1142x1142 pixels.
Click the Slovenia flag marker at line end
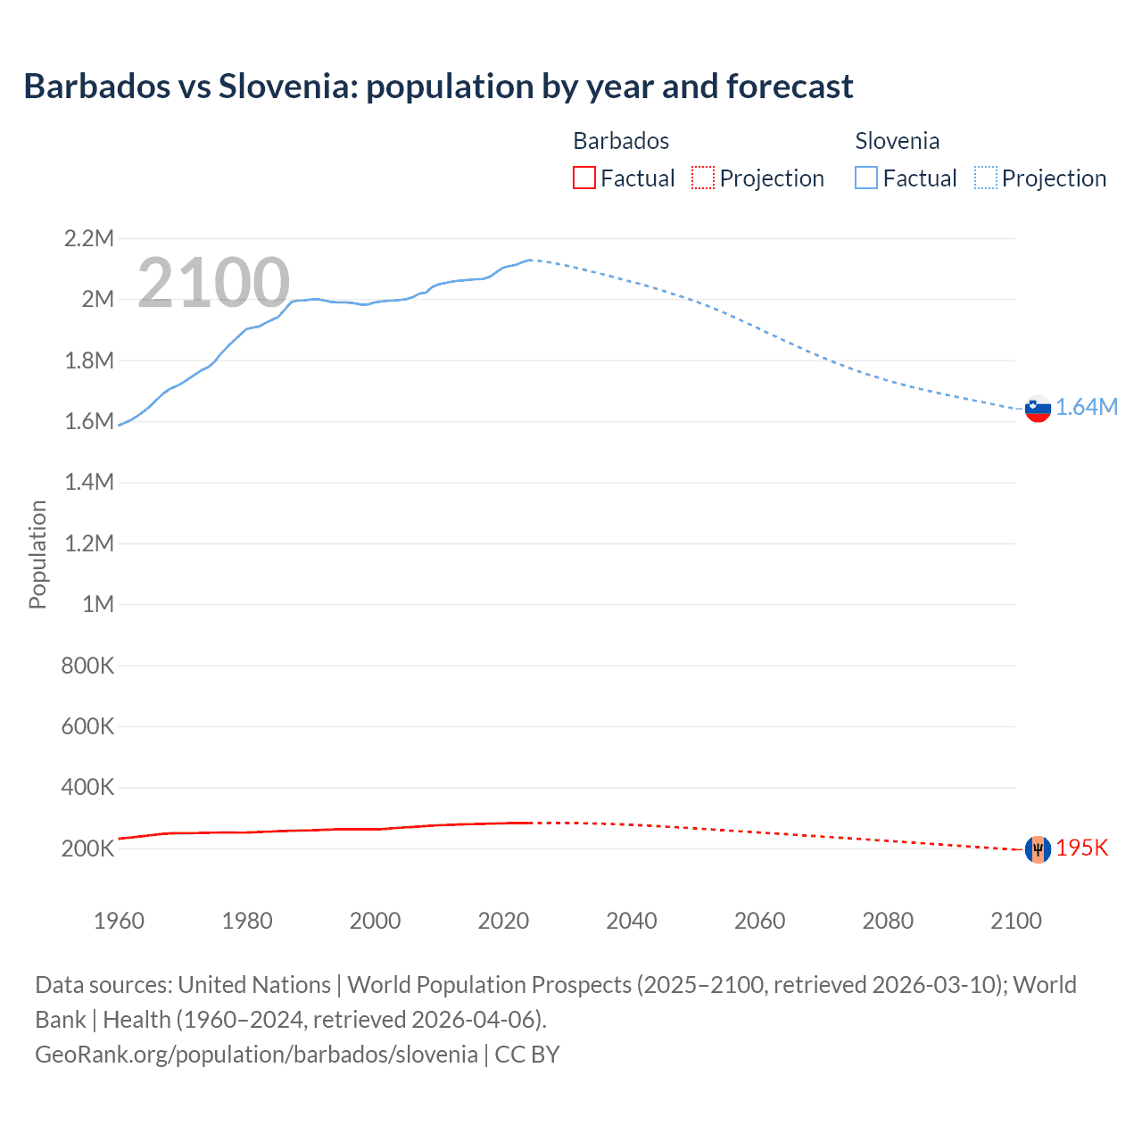(1038, 409)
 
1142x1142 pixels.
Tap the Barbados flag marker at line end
(1038, 849)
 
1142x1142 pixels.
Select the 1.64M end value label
(1087, 408)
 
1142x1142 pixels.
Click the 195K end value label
(1081, 848)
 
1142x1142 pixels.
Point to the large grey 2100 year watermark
(213, 283)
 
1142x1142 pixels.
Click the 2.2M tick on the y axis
(88, 238)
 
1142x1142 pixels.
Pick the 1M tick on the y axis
(98, 604)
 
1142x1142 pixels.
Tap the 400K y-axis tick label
(87, 787)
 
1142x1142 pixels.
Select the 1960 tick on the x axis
(119, 921)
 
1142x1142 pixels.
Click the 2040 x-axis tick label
(632, 921)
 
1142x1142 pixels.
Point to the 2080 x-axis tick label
(888, 921)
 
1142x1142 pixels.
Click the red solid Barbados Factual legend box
(583, 178)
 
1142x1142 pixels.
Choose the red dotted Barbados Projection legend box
(703, 178)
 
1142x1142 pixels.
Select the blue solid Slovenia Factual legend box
(866, 178)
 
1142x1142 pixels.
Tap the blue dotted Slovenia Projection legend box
(986, 178)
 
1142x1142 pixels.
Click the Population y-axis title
(37, 554)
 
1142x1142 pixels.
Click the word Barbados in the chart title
(97, 87)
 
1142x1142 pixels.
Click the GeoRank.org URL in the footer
(256, 1055)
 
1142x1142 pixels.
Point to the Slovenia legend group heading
(897, 141)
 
